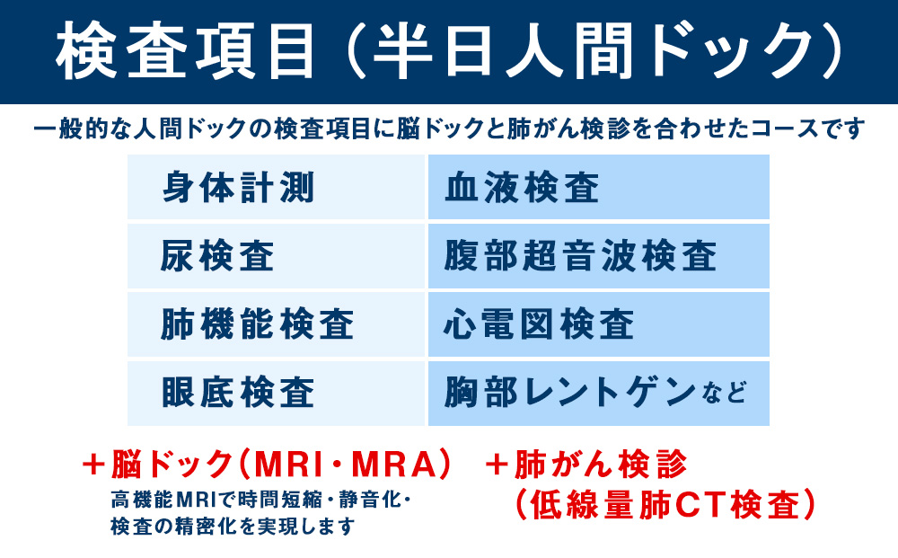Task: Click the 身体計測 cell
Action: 277,188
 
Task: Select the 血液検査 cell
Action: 598,188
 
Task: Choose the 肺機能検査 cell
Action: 277,324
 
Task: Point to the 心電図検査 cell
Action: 598,324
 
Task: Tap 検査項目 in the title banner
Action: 185,52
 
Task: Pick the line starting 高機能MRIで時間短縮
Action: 260,498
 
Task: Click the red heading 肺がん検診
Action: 600,465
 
